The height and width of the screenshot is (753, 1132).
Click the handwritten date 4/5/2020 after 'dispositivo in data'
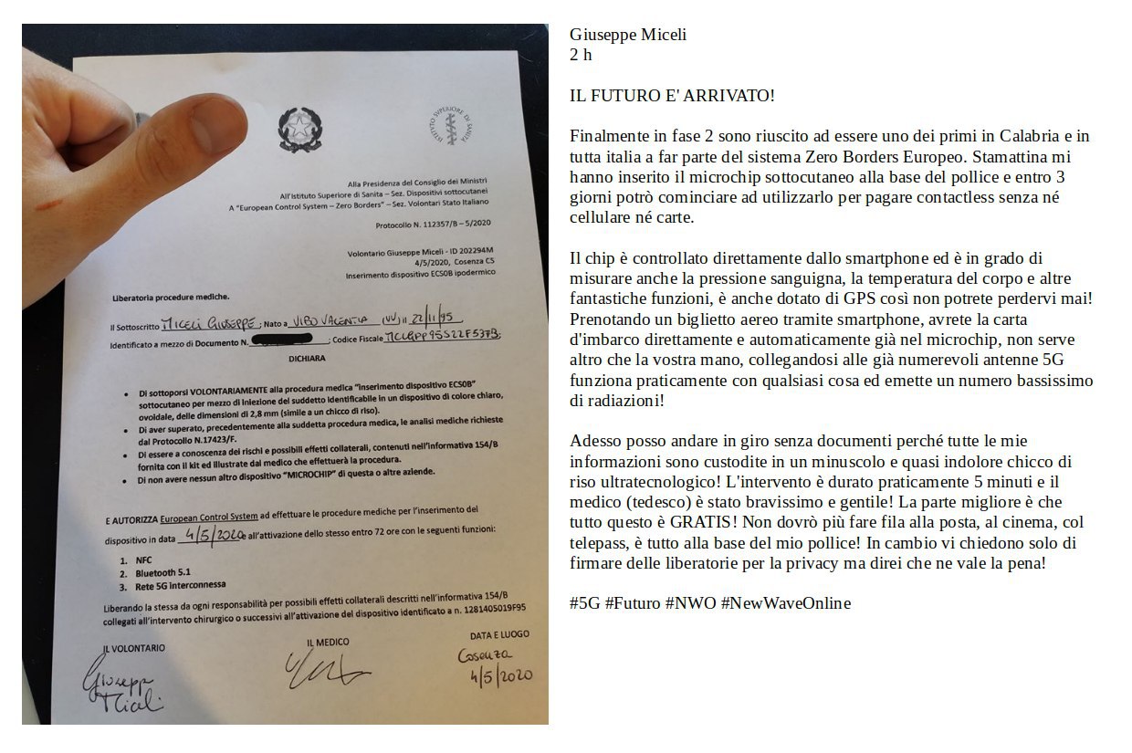[215, 536]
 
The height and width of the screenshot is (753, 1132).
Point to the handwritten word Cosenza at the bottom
[486, 656]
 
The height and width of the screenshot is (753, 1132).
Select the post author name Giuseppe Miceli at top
[627, 35]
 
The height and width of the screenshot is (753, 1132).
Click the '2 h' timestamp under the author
[581, 55]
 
